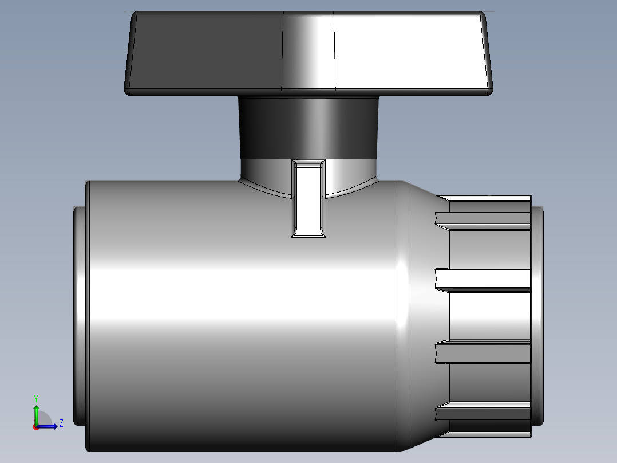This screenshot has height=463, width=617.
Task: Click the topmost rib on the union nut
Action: (x=484, y=219)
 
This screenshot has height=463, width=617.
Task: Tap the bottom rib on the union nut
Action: (x=484, y=412)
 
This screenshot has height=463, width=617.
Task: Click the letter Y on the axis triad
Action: (x=36, y=397)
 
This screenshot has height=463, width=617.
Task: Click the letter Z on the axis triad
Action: (x=61, y=423)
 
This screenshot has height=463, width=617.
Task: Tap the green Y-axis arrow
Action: (x=36, y=413)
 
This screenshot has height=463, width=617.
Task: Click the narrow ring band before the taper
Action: (x=403, y=315)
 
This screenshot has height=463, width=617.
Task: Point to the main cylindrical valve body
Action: (x=240, y=321)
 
